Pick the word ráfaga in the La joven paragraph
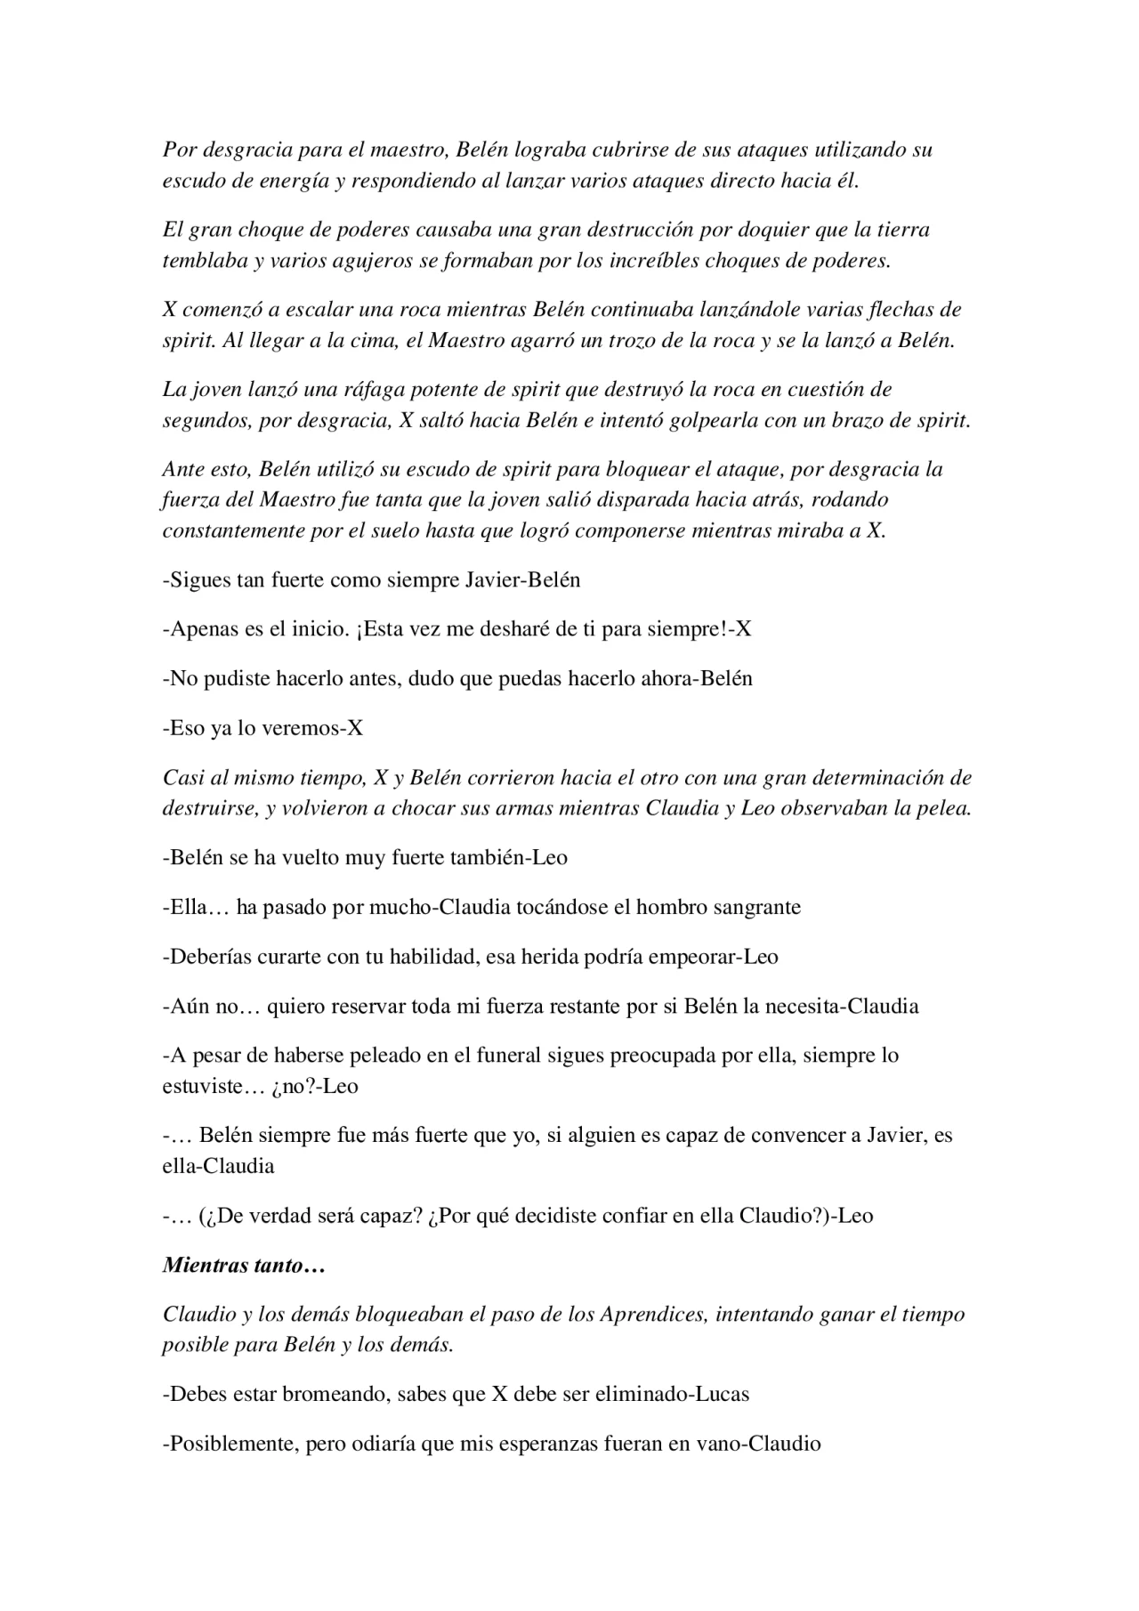click(x=339, y=389)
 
